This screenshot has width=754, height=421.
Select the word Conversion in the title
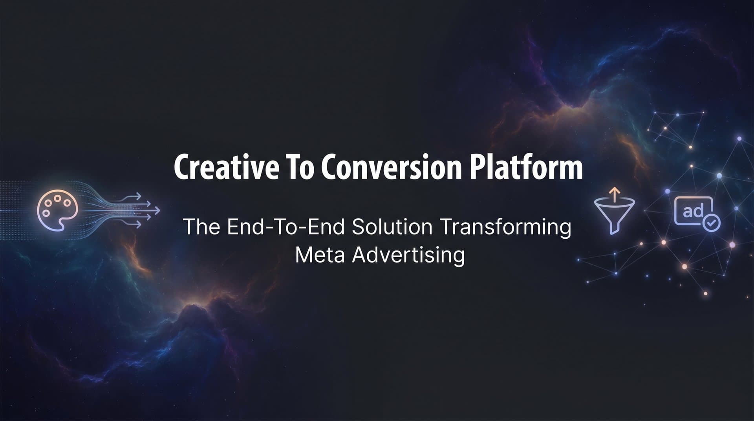point(391,168)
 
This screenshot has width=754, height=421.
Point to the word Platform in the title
point(526,168)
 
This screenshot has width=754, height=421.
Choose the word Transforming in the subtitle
point(505,228)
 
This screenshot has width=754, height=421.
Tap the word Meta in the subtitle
point(320,255)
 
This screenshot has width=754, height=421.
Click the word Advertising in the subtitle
point(408,256)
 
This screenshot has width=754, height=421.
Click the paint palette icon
point(57,210)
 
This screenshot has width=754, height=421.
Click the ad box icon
point(694,211)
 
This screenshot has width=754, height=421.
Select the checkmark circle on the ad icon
point(711,223)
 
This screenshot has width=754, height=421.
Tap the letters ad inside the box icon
point(693,212)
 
